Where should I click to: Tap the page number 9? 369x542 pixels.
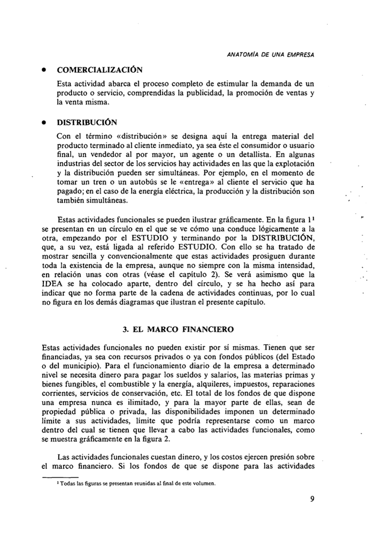(x=311, y=500)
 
